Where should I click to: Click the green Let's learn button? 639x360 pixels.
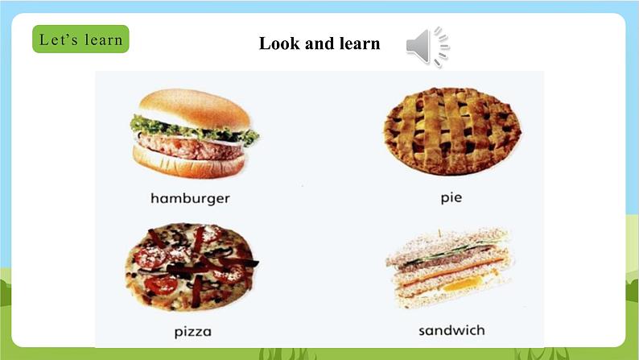80,39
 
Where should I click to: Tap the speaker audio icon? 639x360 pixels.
427,47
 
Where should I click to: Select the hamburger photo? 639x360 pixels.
194,134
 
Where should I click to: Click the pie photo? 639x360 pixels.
451,131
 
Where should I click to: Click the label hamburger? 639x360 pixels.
190,197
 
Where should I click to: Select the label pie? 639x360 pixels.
451,197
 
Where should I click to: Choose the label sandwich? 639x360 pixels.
451,330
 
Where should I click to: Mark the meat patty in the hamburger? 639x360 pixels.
193,145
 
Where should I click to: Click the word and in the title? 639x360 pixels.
319,43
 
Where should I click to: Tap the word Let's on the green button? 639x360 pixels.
56,39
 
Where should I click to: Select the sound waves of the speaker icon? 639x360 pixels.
442,47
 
